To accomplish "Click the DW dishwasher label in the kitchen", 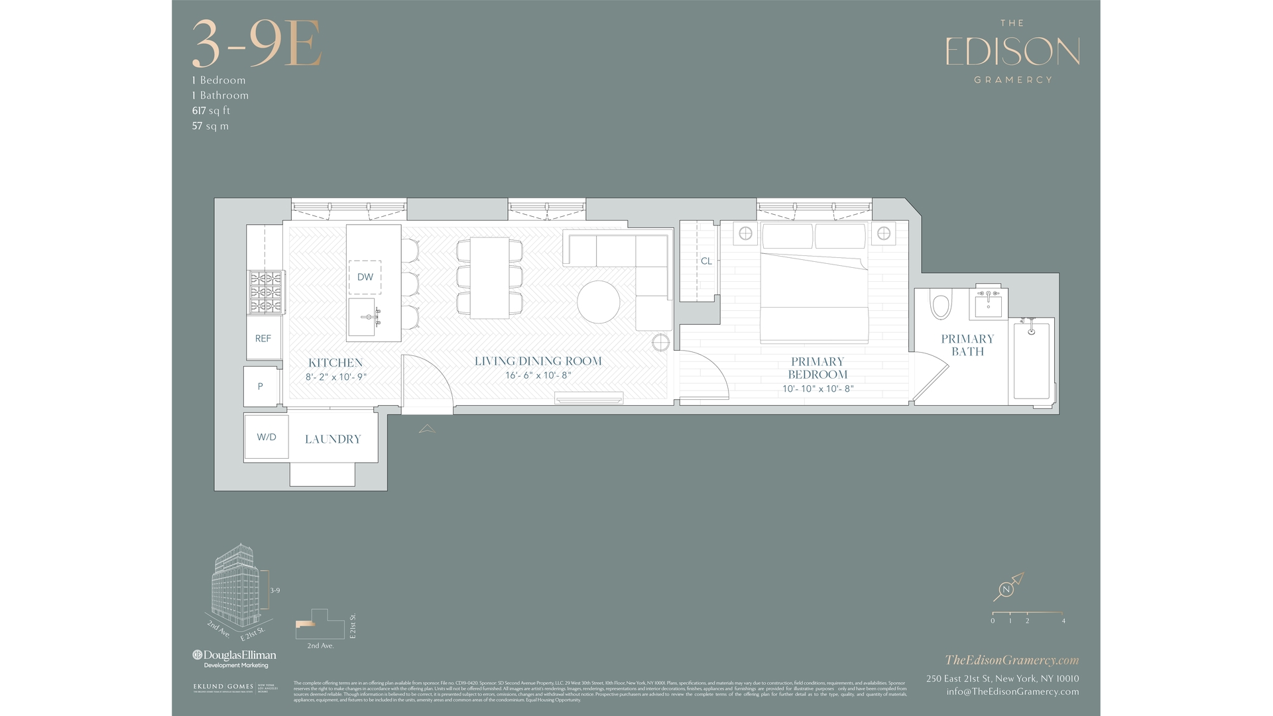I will point(365,277).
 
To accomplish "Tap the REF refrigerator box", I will point(263,338).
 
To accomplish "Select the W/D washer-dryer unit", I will point(267,437).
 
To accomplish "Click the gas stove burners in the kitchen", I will point(265,292).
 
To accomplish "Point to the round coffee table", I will point(598,302).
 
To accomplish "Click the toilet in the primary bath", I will point(940,305).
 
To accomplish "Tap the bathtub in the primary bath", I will point(1031,361).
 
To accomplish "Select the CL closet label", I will point(706,261).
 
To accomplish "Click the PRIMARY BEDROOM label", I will point(818,368).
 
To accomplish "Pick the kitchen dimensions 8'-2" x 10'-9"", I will point(335,377).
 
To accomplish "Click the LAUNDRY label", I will point(333,439).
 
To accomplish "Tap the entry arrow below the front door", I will point(427,429).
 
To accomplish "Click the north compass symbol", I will point(1007,589).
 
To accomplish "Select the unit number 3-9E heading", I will point(257,44).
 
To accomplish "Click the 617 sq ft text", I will point(211,111).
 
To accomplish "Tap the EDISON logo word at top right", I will point(1012,52).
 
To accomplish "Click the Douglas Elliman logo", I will point(234,657).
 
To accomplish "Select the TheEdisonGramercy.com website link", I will point(1012,660).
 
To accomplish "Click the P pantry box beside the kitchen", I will point(260,386).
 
